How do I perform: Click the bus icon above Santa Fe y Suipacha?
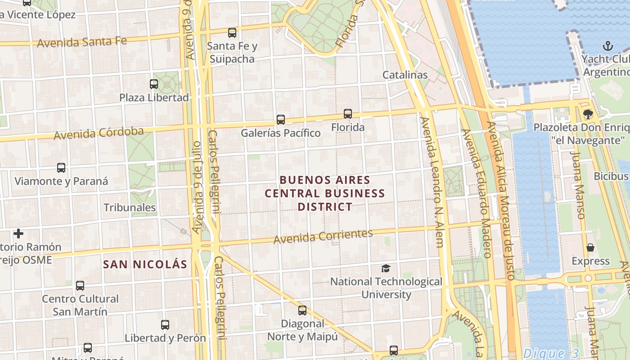[232, 32]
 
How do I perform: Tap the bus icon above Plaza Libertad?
[154, 84]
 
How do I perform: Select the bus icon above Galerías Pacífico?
[281, 119]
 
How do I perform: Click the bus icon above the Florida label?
[348, 114]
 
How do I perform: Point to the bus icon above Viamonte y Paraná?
[61, 168]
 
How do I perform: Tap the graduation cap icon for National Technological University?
[386, 269]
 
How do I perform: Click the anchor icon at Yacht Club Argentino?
[608, 46]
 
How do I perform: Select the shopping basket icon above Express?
[590, 247]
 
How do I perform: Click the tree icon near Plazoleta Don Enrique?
[588, 114]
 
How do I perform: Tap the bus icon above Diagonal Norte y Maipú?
[302, 310]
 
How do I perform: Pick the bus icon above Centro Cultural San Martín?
[80, 285]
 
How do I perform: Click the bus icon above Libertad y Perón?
[165, 324]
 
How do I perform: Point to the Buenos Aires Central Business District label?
[324, 193]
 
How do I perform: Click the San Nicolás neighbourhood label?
[145, 264]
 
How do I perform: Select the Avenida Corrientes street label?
[323, 236]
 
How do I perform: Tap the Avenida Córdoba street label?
[99, 133]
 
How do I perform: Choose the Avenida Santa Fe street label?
[82, 42]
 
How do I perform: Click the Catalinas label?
[405, 75]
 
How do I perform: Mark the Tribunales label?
[130, 207]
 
